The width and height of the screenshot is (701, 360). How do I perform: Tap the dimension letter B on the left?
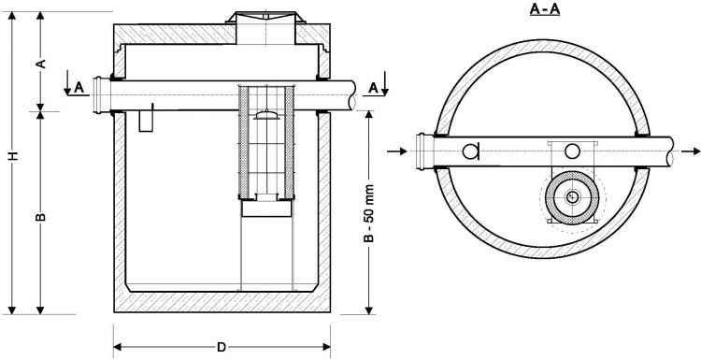point(41,217)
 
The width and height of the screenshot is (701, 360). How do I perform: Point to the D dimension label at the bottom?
point(221,347)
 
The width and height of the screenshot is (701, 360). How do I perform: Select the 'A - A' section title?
point(538,10)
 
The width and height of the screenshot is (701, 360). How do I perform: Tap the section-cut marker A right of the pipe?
point(373,87)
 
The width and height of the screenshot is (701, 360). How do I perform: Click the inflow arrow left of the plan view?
point(403,150)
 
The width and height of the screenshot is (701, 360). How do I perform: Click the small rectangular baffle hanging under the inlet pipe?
point(145,121)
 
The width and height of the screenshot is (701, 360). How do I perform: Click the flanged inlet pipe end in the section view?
point(99,96)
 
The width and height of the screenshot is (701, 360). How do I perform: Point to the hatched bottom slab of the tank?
point(221,300)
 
